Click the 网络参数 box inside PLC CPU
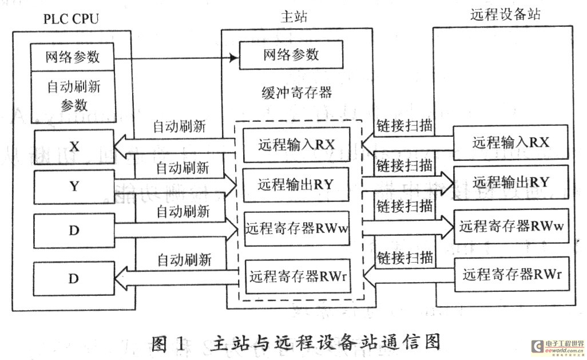coord(73,57)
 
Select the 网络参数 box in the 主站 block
coord(291,56)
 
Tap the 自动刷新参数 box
coord(73,96)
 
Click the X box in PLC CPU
coord(74,147)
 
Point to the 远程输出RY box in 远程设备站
coord(511,183)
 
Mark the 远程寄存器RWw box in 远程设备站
coord(511,226)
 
